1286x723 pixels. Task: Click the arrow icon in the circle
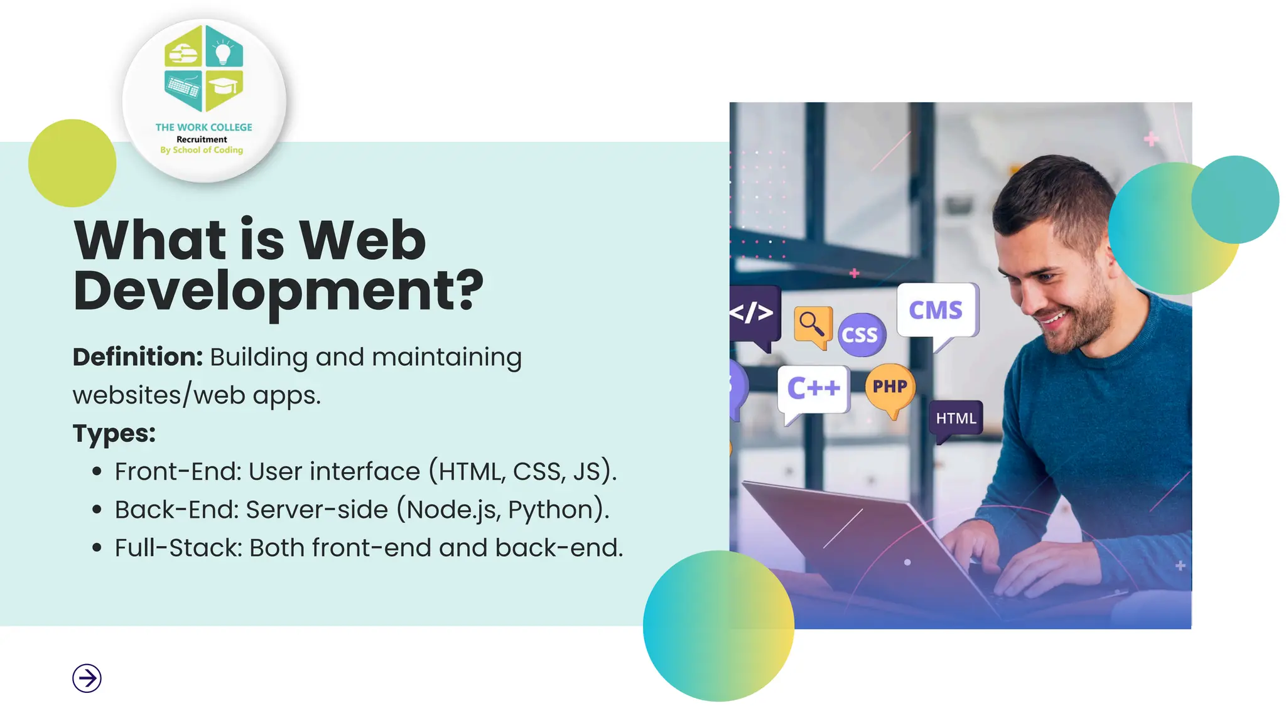[87, 678]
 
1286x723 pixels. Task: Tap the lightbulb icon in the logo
[223, 52]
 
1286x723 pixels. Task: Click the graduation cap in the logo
[224, 85]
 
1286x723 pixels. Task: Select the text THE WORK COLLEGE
[203, 127]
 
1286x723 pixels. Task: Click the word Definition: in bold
[138, 357]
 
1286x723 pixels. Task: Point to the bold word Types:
[114, 433]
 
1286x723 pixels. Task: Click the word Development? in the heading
[278, 291]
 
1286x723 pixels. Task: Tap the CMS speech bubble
[936, 311]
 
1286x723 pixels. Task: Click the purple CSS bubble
[860, 335]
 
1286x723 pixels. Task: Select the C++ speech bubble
[813, 388]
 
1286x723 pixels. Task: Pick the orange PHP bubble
[890, 387]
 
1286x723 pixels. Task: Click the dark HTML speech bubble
[956, 419]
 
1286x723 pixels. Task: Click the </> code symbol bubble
[752, 313]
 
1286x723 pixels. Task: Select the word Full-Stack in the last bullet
[178, 548]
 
